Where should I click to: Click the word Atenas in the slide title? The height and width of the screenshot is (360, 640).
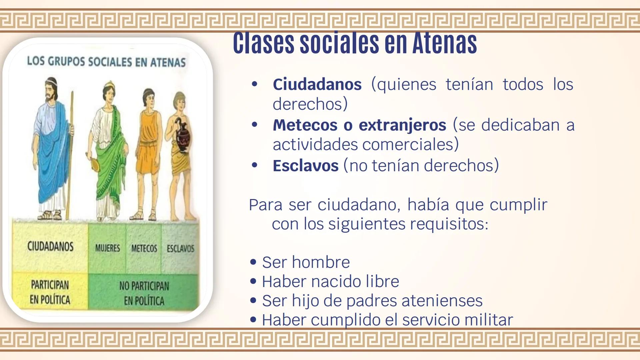[445, 43]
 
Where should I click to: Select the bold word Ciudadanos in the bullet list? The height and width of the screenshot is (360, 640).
[317, 84]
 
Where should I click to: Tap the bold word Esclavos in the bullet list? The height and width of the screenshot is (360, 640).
[305, 166]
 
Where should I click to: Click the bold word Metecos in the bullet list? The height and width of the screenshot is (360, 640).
[305, 125]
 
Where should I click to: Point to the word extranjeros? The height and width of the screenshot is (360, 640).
[402, 125]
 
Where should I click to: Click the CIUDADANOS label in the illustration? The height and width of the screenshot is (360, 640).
[50, 247]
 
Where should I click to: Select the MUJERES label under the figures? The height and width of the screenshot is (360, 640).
[107, 248]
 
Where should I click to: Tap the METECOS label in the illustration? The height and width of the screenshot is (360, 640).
[144, 249]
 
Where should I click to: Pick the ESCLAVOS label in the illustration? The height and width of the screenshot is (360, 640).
[180, 249]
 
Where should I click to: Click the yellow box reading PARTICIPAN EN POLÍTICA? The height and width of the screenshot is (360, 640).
[50, 292]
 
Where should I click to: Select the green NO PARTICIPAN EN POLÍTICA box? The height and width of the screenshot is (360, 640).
[144, 293]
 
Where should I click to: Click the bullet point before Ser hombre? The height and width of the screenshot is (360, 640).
[253, 262]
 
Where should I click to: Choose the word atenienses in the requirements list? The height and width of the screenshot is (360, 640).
[442, 301]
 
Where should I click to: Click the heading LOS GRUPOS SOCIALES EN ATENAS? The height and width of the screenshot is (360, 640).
[106, 62]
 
